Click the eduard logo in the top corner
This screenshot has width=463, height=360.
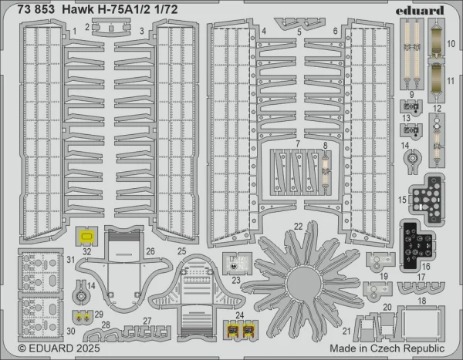click(x=420, y=10)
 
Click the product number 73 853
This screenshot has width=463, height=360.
click(x=36, y=10)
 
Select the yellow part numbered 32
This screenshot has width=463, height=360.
click(x=86, y=237)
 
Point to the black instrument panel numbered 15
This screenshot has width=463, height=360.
click(x=428, y=200)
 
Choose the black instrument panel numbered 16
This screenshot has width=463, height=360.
click(x=417, y=245)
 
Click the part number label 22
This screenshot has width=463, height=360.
click(x=298, y=227)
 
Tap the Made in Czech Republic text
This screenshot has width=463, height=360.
click(x=387, y=348)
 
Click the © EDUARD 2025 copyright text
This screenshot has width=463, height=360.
click(x=59, y=348)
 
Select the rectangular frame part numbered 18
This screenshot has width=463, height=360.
click(x=421, y=322)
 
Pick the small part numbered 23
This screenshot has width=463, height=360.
click(x=237, y=264)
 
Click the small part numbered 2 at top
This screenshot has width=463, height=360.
click(x=111, y=27)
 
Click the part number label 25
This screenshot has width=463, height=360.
click(x=182, y=251)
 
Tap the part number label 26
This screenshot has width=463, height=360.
click(x=150, y=251)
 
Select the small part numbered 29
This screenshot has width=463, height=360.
click(x=83, y=317)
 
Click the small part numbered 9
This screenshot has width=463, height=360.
click(x=411, y=106)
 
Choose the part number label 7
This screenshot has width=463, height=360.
click(x=298, y=143)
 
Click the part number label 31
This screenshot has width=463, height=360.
click(x=71, y=260)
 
